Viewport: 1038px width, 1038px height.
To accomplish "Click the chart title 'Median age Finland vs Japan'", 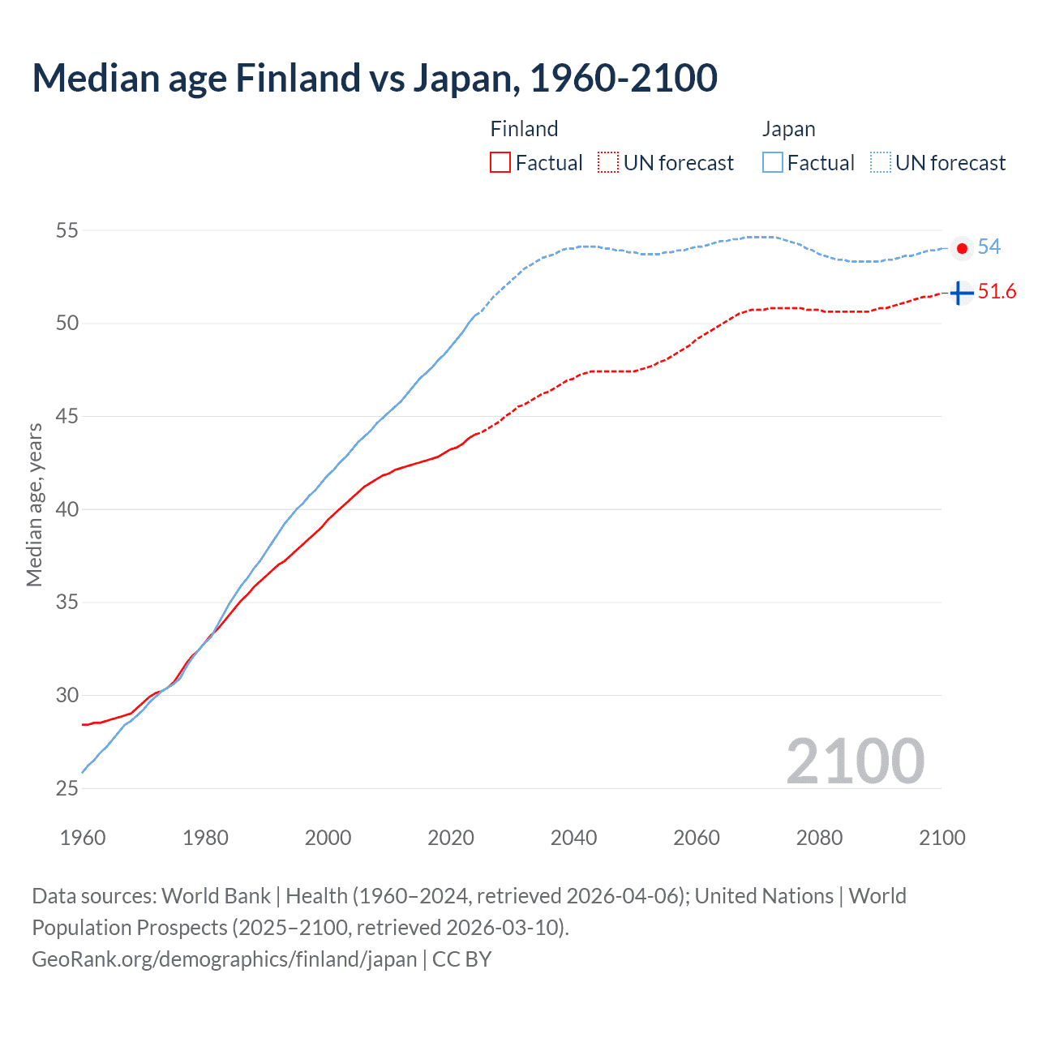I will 375,78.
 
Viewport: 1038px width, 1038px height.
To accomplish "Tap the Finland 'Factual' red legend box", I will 500,162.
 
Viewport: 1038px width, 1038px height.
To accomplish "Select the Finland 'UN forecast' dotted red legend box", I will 608,162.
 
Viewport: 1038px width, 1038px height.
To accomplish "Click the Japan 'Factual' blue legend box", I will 773,162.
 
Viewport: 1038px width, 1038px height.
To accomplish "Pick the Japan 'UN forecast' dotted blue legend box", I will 881,162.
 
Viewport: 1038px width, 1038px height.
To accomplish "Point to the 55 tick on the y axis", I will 66,230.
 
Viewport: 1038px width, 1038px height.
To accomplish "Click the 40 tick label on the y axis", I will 66,509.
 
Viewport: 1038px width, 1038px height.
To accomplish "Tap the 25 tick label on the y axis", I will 66,788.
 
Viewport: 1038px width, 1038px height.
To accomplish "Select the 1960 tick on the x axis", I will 83,837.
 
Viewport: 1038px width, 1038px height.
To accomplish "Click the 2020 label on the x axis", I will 451,837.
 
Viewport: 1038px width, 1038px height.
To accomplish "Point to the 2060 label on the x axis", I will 697,837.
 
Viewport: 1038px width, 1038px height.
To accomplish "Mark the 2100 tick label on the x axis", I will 942,837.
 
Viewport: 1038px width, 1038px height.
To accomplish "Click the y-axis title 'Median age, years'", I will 34,504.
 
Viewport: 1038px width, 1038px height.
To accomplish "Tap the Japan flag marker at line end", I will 962,248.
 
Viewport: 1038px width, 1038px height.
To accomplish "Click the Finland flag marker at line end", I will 961,292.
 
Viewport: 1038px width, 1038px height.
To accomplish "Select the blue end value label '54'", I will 989,247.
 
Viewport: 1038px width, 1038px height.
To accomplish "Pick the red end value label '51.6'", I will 997,291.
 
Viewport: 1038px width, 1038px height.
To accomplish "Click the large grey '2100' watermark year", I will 855,761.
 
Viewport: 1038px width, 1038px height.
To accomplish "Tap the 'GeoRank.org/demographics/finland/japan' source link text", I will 225,959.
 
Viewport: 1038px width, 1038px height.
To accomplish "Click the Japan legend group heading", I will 788,129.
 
